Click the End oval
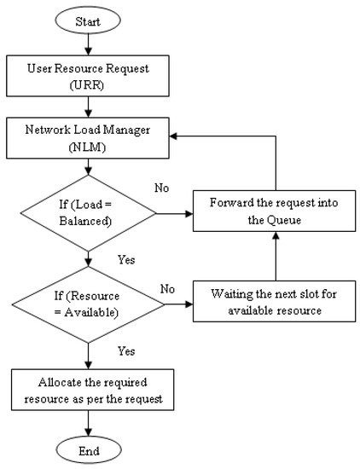(x=89, y=449)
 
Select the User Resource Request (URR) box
(x=88, y=77)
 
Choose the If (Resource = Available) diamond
(x=88, y=304)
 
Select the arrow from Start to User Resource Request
(x=89, y=43)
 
